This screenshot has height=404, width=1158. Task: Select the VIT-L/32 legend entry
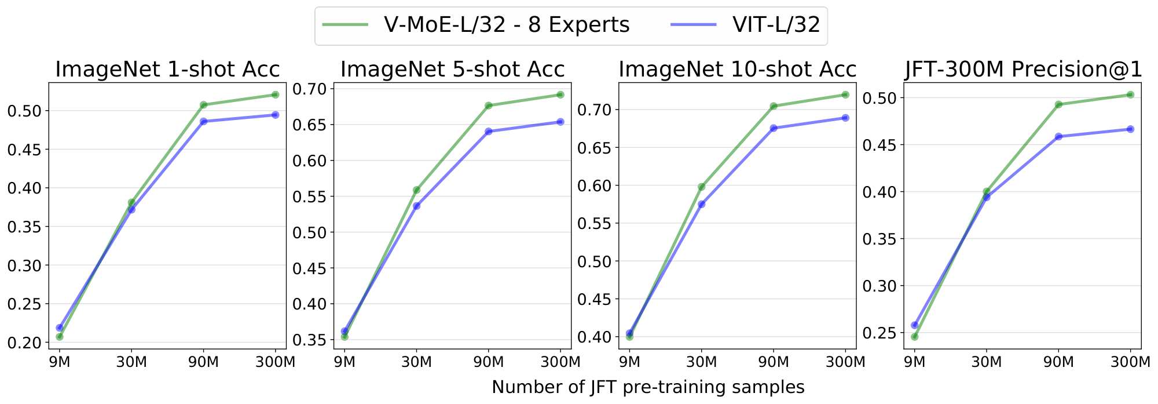(747, 25)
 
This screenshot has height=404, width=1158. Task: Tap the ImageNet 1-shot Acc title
(167, 69)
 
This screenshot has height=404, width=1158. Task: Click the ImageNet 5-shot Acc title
(452, 69)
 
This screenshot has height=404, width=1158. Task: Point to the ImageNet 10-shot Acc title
(737, 69)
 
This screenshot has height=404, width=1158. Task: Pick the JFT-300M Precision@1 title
(1024, 69)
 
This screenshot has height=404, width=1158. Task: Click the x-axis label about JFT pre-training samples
(648, 387)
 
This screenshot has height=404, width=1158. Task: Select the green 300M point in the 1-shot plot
(276, 94)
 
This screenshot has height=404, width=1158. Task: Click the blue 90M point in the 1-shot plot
(204, 121)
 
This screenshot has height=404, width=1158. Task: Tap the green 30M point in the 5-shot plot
(417, 190)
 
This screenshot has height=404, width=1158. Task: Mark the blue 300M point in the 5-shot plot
(560, 122)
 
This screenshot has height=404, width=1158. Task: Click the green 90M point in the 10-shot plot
(774, 106)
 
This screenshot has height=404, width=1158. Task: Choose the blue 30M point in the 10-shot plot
(702, 204)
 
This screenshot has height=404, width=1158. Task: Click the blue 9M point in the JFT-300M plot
(915, 325)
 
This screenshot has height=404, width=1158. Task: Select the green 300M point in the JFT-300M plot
(1130, 94)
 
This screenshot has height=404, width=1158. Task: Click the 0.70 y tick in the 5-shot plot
(309, 89)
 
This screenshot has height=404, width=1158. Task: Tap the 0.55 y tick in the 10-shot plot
(594, 223)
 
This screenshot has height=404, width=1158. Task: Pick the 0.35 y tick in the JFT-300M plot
(879, 239)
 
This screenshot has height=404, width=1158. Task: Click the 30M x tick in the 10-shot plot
(702, 362)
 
